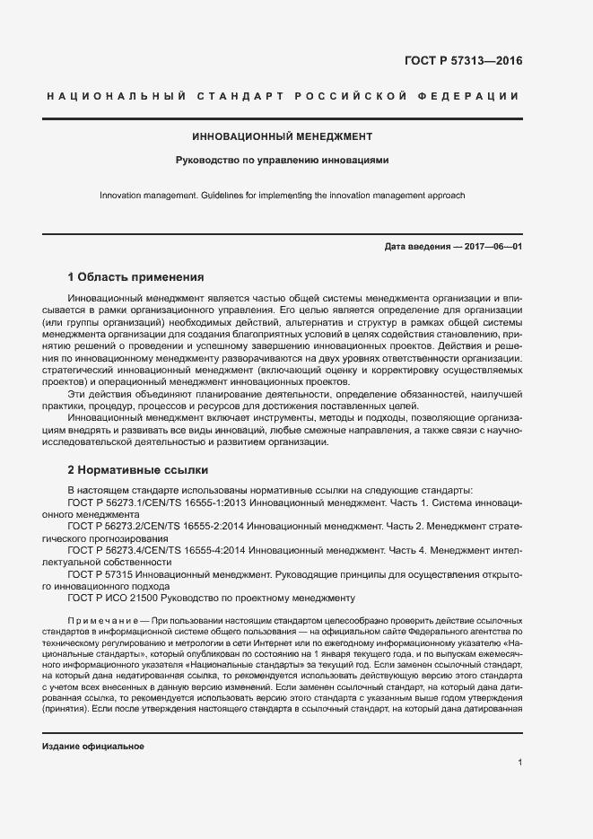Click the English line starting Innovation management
point(282,195)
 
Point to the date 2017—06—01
point(492,247)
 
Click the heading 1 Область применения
point(136,277)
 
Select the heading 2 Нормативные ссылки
point(138,469)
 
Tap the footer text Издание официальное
point(93,747)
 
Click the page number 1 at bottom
point(519,763)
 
